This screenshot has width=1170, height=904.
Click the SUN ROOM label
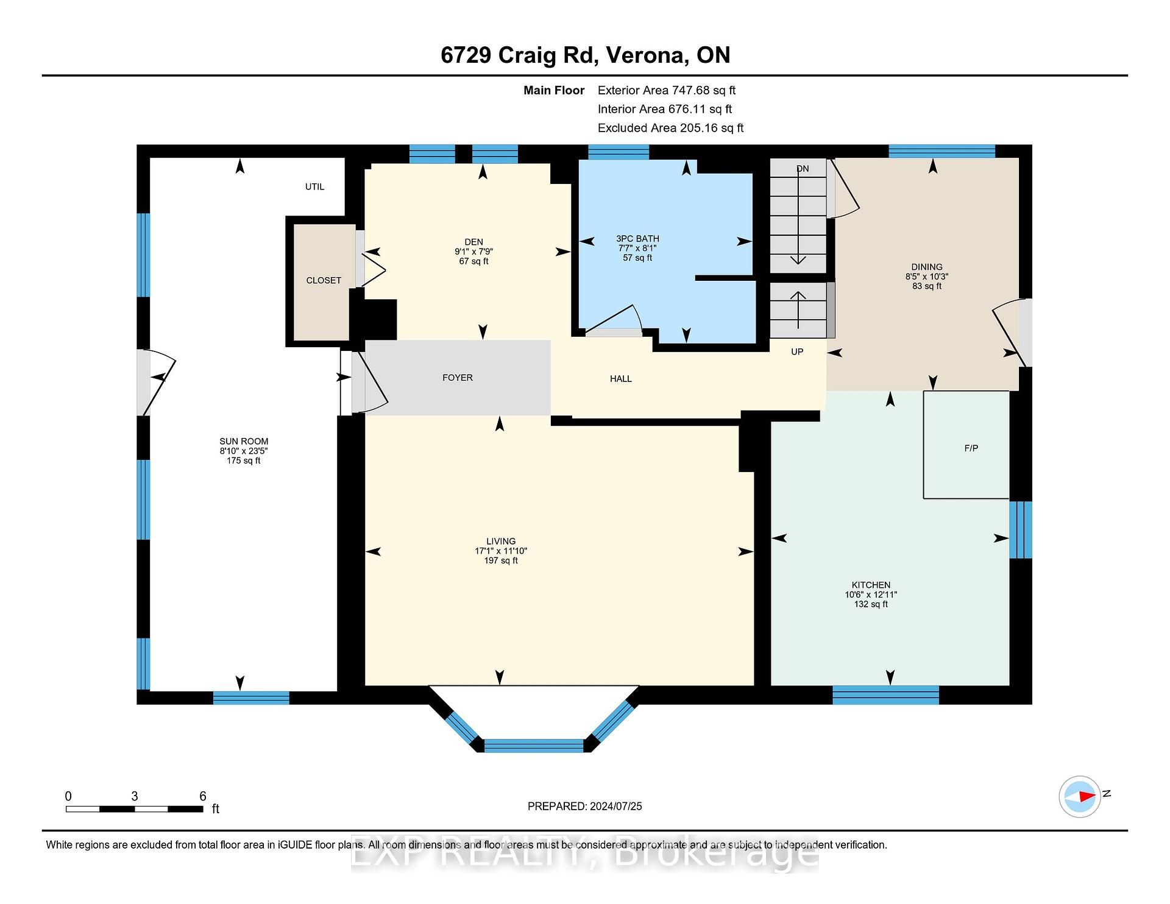tap(244, 441)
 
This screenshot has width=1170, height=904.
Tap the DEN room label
tap(473, 242)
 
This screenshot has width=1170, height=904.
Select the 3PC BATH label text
tap(637, 238)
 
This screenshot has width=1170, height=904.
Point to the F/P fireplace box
tap(966, 445)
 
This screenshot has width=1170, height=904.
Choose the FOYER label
tap(458, 378)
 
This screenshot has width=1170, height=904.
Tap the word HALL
tap(621, 379)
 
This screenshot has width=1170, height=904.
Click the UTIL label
tap(314, 187)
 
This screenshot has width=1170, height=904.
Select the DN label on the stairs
tap(803, 169)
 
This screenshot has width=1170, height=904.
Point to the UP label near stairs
tap(797, 351)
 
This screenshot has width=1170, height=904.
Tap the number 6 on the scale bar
tap(203, 796)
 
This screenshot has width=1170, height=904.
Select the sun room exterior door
tap(156, 382)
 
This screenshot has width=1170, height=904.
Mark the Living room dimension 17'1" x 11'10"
tap(501, 551)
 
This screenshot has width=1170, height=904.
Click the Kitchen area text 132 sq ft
tap(871, 604)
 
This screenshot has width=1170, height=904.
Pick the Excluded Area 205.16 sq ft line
tap(670, 128)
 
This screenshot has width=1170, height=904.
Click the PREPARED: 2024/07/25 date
tap(585, 807)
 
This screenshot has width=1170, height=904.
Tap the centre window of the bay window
tap(533, 746)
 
